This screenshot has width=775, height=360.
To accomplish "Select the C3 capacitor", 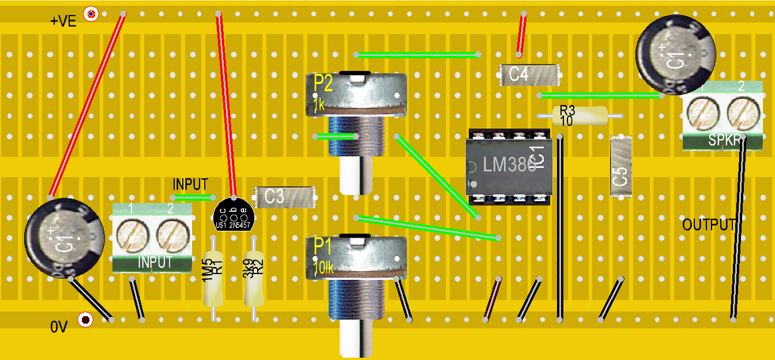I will [x=284, y=197].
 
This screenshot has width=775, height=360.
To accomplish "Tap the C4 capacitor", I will [x=529, y=74].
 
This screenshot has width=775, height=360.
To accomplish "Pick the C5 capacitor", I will [x=620, y=167].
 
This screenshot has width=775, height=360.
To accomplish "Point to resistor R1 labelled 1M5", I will [x=213, y=279].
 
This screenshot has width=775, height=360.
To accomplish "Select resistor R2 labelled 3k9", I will [x=253, y=279].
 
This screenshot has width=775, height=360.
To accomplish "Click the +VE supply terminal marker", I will [x=91, y=13].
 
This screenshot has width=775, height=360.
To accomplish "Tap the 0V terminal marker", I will [x=86, y=320].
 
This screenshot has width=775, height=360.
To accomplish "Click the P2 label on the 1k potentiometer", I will [x=323, y=84].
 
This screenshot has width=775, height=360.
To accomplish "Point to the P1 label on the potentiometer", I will [x=323, y=247].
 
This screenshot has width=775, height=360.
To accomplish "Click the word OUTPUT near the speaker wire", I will [x=709, y=225].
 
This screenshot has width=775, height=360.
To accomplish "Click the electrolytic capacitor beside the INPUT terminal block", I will [x=63, y=238].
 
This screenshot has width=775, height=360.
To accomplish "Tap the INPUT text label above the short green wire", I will [x=190, y=185].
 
